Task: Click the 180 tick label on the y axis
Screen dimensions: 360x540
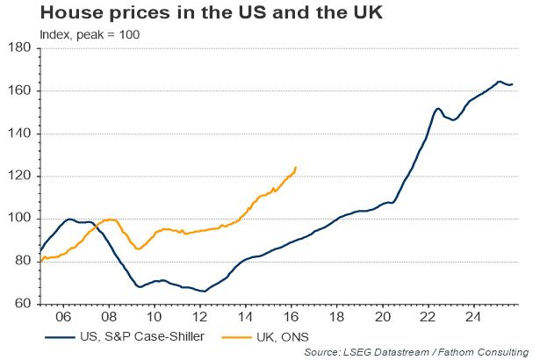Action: pos(18,48)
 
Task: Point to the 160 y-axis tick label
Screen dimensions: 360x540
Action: pos(18,90)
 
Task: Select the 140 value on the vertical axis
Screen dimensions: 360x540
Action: pos(18,133)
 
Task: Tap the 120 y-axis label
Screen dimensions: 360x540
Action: pos(18,176)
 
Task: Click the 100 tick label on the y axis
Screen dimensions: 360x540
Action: pos(18,219)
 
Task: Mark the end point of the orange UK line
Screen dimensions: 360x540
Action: pos(296,167)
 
